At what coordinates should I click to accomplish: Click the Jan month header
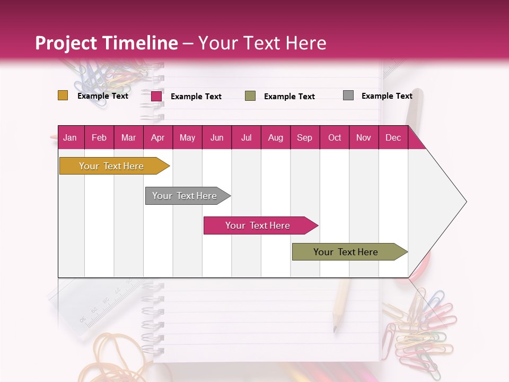70,137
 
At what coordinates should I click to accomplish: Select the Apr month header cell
158,137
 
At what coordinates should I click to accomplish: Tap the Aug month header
275,137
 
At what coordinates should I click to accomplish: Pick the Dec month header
393,137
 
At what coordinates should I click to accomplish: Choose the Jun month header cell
217,137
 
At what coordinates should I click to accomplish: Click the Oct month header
335,137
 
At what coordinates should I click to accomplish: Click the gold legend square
63,95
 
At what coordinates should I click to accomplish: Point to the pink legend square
156,96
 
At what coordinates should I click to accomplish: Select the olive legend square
250,96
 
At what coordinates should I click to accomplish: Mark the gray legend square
348,95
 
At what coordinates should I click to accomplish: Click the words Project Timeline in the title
107,43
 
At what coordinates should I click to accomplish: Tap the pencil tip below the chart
335,328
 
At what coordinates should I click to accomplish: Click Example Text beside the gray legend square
387,96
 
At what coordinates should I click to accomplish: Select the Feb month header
99,137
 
